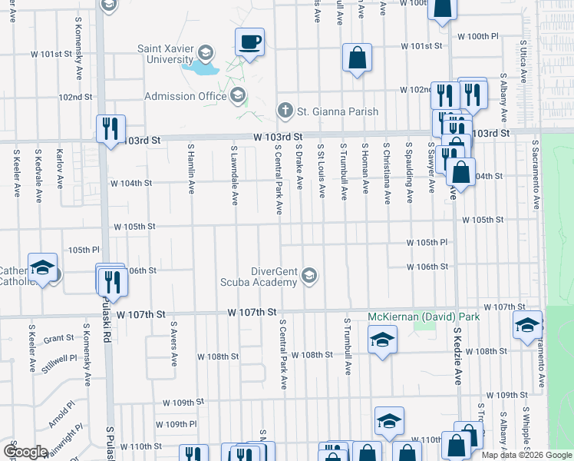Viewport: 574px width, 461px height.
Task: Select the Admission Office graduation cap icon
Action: pyautogui.click(x=238, y=95)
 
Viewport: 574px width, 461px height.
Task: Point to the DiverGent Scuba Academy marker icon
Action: pyautogui.click(x=309, y=275)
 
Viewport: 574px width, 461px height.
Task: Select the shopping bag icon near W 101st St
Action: pyautogui.click(x=357, y=57)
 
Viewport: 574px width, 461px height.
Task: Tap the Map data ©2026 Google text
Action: pyautogui.click(x=526, y=455)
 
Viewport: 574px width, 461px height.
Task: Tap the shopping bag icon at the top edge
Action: pyautogui.click(x=443, y=7)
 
